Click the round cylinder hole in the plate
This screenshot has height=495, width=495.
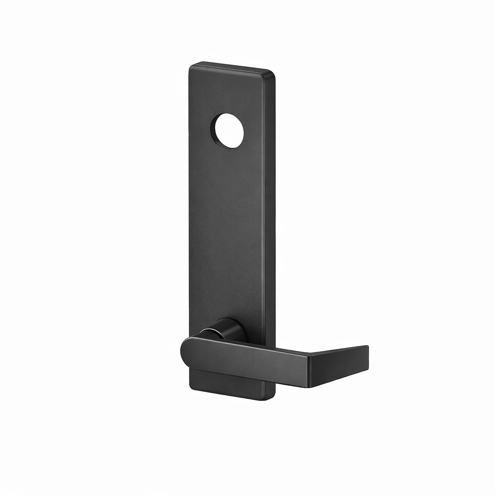[228, 131]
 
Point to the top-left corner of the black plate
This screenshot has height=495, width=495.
[190, 65]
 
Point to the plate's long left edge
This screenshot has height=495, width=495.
[190, 218]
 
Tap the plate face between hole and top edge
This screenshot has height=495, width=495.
[227, 92]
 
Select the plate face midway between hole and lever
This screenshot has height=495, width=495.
[227, 232]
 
